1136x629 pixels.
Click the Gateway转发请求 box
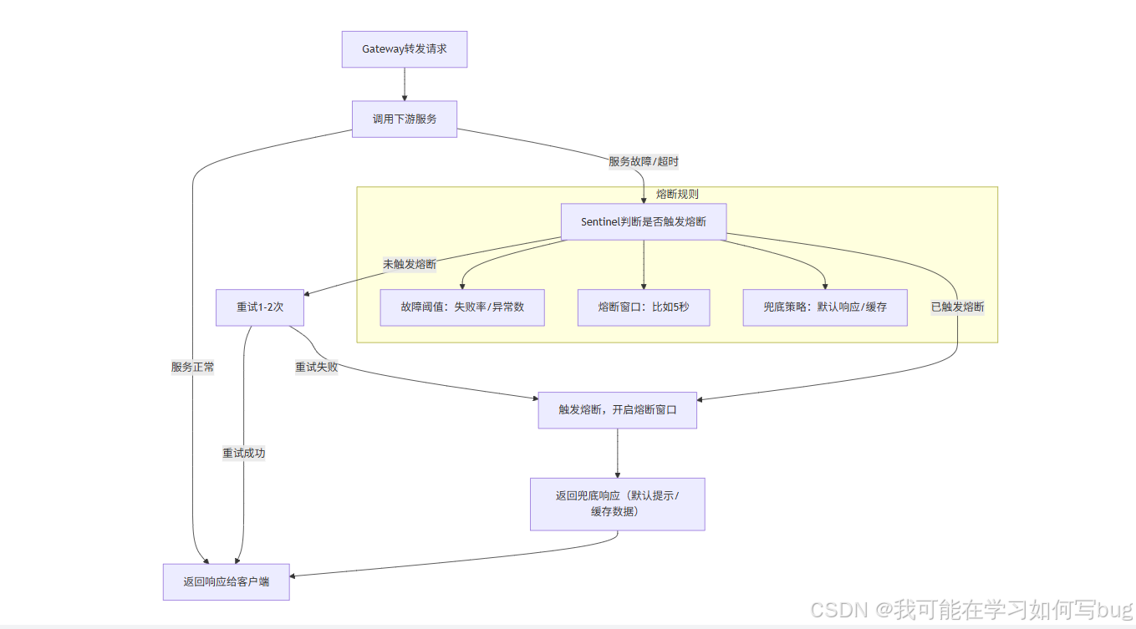point(405,49)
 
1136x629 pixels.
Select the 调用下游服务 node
point(405,119)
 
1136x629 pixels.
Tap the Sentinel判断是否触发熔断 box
point(643,222)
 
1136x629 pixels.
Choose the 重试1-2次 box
point(259,307)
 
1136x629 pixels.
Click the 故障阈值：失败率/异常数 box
point(462,307)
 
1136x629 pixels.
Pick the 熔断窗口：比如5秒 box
point(644,307)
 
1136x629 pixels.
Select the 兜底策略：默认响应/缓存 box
point(825,307)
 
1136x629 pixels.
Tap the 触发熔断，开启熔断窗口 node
point(617,410)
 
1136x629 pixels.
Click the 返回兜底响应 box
point(617,504)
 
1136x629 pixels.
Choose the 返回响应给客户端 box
point(227,582)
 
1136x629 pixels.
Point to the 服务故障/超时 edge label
point(638,161)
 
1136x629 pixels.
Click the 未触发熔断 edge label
point(410,264)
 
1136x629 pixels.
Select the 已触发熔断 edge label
point(957,307)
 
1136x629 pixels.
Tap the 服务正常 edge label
point(193,367)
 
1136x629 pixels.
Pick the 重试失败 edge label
point(317,367)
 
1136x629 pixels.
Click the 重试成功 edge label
point(244,453)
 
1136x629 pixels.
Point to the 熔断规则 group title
point(677,194)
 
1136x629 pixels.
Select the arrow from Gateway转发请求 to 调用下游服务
point(405,84)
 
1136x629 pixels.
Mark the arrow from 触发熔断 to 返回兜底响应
point(617,453)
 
